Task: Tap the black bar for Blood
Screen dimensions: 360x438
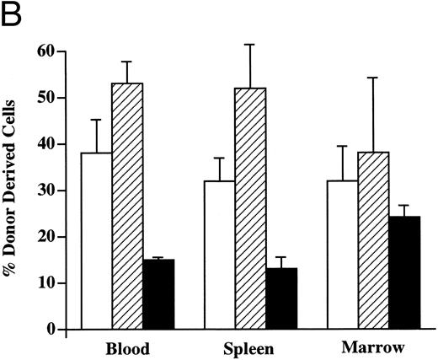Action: pos(158,294)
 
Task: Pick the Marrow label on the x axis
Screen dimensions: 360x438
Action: pos(368,347)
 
